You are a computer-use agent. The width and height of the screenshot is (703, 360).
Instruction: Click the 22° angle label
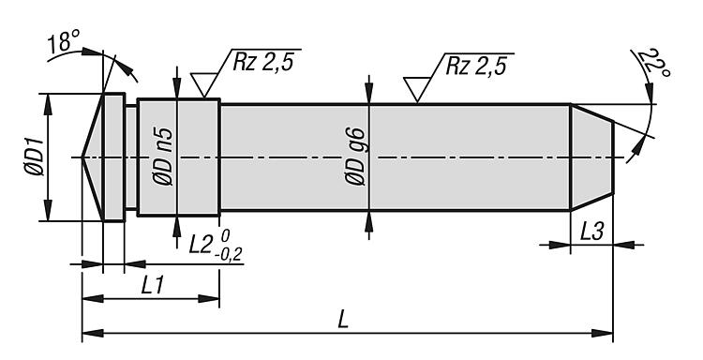(x=654, y=63)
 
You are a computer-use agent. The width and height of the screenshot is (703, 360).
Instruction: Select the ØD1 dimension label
(x=34, y=157)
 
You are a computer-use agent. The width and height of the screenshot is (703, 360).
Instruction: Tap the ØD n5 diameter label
(x=162, y=157)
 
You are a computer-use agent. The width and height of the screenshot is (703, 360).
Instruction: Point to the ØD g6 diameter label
(x=355, y=157)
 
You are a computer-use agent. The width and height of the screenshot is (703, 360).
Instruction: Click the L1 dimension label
(x=153, y=286)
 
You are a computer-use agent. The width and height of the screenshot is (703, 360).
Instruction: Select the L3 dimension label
(x=592, y=232)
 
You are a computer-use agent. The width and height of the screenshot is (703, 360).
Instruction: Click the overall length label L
(x=343, y=320)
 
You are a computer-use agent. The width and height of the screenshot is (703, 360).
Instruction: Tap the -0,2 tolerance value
(x=229, y=255)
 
